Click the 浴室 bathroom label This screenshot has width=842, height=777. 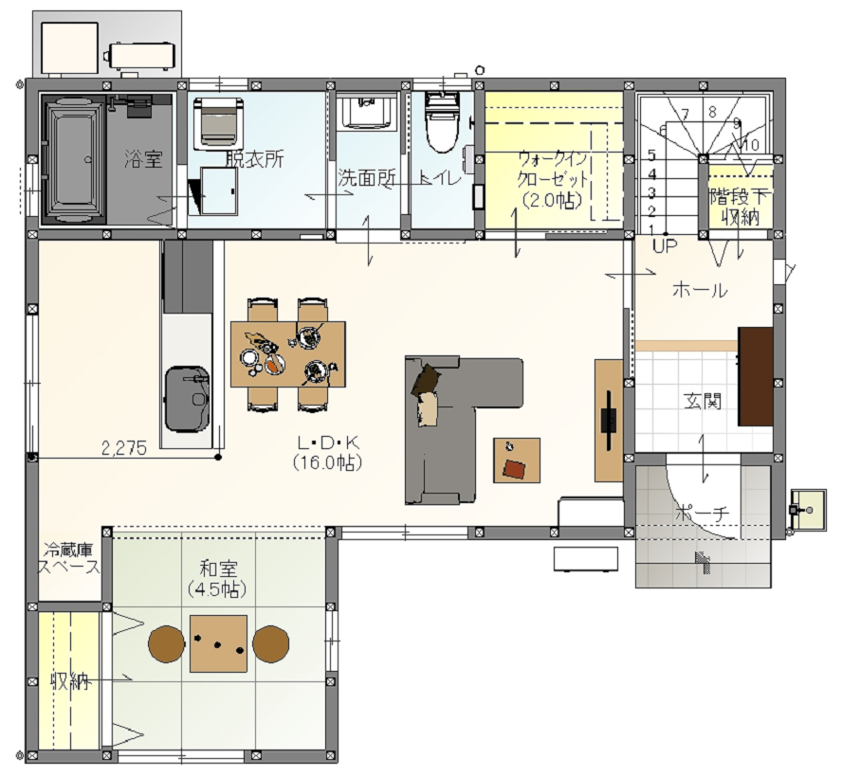pos(143,159)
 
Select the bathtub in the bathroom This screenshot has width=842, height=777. pos(74,159)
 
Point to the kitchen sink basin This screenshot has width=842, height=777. pos(187,399)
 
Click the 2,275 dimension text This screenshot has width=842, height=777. pos(124,448)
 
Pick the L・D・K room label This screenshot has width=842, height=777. pos(328,443)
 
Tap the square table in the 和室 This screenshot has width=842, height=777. pos(218,643)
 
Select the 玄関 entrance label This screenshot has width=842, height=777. pos(703,401)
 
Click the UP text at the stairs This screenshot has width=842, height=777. pos(665,245)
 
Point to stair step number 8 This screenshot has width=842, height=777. pos(713,112)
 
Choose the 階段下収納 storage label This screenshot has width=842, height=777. pos(740,208)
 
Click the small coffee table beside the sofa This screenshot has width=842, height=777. pos(517,461)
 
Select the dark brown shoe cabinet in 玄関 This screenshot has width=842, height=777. pos(756,376)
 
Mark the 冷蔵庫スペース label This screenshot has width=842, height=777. pos(68,558)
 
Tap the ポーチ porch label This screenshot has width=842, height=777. pos(703,513)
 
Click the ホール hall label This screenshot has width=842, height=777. pos(700,290)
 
